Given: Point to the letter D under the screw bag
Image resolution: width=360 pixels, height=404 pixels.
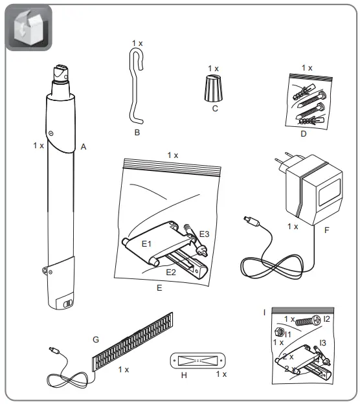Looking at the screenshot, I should pos(304,133).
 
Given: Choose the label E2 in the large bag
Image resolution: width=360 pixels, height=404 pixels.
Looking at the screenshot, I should pos(171,272).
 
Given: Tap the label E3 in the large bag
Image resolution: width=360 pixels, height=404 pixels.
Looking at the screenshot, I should pos(204,233).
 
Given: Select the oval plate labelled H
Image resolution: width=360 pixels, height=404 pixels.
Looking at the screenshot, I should pos(195,360).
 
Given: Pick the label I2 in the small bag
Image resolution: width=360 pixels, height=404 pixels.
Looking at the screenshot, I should pos(326,319).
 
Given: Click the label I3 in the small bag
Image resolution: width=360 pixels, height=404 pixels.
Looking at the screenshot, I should pos(322,342).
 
